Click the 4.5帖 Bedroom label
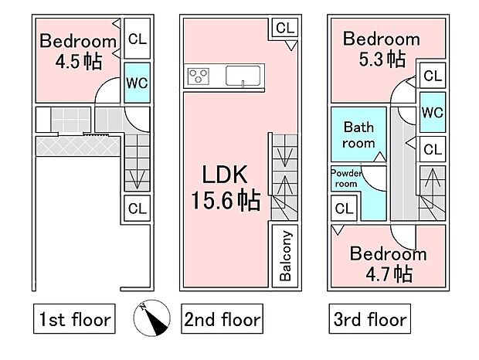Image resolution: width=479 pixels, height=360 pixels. point(78,51)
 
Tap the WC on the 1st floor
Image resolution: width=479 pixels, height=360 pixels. point(138,83)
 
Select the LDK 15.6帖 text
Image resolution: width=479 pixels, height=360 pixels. point(226,188)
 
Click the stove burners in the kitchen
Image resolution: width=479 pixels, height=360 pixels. point(199,76)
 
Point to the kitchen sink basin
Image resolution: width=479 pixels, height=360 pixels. point(243,76)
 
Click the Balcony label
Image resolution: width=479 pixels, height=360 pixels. point(285,256)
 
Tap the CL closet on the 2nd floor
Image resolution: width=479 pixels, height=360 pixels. point(285,28)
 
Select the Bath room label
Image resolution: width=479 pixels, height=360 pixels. point(358,134)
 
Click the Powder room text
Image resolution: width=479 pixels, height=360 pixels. point(346,178)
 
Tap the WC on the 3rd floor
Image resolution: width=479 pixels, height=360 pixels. point(433,112)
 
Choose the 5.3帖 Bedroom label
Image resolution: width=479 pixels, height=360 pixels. point(382,49)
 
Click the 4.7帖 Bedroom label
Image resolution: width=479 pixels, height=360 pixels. point(389,263)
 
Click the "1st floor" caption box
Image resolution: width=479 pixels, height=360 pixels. point(74,319)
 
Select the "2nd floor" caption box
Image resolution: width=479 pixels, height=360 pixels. point(222,319)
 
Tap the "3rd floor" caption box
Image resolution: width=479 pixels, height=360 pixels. point(369,319)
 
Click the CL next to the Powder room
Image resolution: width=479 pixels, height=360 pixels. point(344,209)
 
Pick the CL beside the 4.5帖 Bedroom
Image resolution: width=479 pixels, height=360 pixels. point(138,39)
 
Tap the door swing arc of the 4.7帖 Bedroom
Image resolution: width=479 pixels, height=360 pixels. point(400,238)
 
